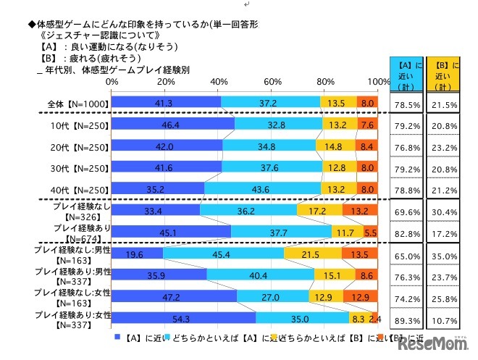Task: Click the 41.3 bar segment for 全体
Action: coord(166,104)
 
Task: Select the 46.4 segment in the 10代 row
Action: coord(173,124)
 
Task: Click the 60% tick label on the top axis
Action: coord(272,82)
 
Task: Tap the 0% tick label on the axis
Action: coord(112,82)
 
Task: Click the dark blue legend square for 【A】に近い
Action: coord(117,337)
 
